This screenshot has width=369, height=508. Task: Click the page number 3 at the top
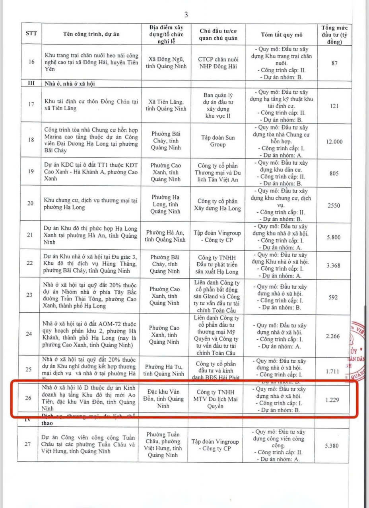[x=186, y=15]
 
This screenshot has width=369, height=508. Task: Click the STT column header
[x=31, y=34]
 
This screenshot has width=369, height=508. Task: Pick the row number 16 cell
[x=31, y=62]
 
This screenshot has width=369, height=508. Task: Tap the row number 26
[x=29, y=398]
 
